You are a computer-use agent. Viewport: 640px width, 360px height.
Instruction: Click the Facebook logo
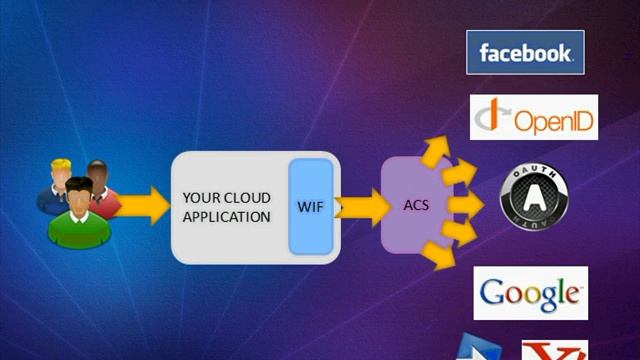click(525, 52)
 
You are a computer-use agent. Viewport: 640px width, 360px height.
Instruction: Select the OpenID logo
click(534, 118)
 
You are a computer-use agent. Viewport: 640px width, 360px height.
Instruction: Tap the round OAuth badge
click(534, 197)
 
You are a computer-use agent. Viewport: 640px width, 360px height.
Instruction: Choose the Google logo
click(531, 293)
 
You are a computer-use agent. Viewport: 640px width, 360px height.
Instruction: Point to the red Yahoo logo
click(555, 350)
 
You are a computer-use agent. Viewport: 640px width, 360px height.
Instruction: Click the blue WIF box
click(311, 207)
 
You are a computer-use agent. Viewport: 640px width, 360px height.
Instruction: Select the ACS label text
click(416, 205)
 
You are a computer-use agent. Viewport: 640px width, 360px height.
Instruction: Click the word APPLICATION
click(227, 217)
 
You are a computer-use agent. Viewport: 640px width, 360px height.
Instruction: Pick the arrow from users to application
click(142, 205)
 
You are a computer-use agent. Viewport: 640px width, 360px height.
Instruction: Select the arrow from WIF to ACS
click(362, 208)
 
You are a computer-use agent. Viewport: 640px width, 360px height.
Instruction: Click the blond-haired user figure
click(56, 186)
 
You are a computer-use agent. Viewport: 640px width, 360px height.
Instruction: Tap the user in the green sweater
click(80, 213)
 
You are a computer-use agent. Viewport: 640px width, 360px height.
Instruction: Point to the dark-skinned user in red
click(102, 188)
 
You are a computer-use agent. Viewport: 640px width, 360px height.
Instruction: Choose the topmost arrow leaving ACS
click(436, 151)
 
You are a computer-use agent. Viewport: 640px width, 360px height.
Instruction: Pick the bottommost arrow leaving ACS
click(440, 256)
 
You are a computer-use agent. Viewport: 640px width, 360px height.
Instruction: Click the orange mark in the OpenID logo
click(494, 112)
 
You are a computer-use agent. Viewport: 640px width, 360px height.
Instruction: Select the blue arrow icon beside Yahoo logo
click(479, 347)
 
